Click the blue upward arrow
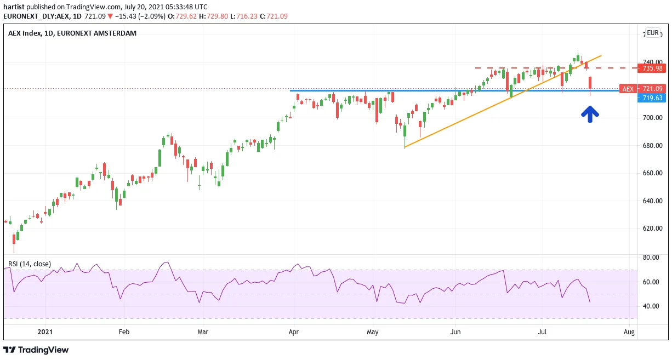tap(590, 114)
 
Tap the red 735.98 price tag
tap(652, 68)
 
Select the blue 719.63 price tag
tap(652, 98)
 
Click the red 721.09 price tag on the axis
tap(652, 89)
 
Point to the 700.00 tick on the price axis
tap(652, 118)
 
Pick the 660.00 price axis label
tap(652, 173)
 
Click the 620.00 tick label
tap(652, 228)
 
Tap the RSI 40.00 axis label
tap(651, 306)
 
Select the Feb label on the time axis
tap(124, 332)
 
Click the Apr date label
tap(293, 332)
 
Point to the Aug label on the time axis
tap(629, 332)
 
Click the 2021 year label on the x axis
tap(45, 332)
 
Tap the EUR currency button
tap(652, 33)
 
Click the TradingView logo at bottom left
tap(36, 350)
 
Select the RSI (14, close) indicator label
tap(30, 264)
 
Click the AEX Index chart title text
tap(72, 33)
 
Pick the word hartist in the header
tap(14, 7)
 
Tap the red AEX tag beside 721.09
tap(628, 89)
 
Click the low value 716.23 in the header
tap(247, 16)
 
